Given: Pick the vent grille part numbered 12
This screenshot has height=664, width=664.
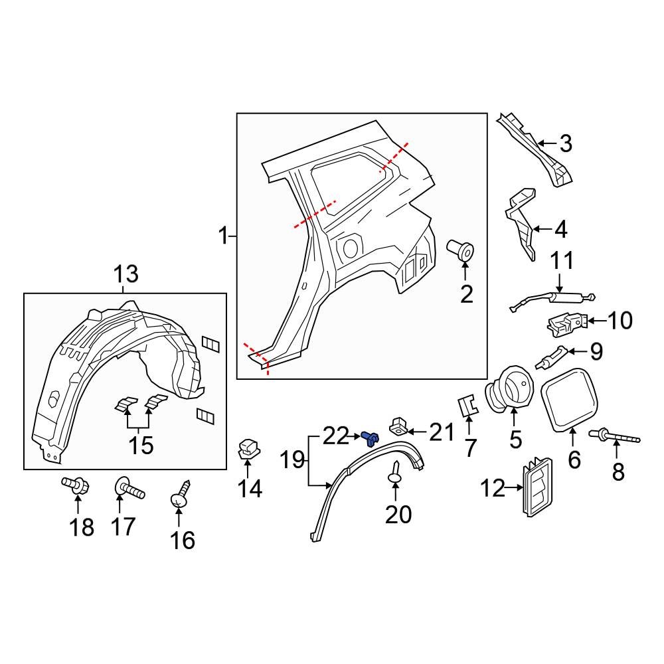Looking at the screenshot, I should point(537,489).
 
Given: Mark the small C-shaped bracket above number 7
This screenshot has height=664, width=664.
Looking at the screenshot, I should point(469,404).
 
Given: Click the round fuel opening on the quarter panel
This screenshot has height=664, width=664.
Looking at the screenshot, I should point(349,248).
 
